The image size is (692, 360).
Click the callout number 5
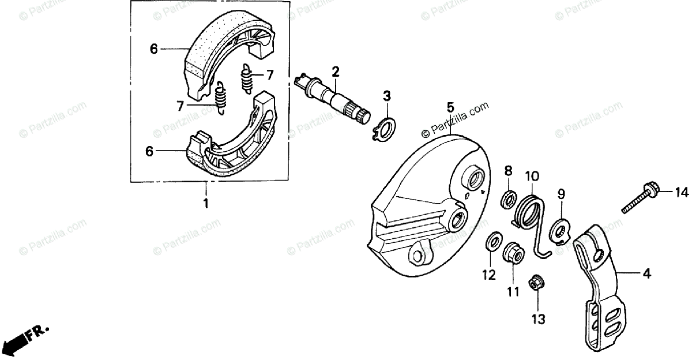click(x=450, y=107)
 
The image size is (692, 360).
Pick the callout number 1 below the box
click(x=205, y=204)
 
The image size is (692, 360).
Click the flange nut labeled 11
click(x=513, y=252)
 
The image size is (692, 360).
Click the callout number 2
click(x=334, y=72)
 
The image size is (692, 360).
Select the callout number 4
click(x=646, y=275)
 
